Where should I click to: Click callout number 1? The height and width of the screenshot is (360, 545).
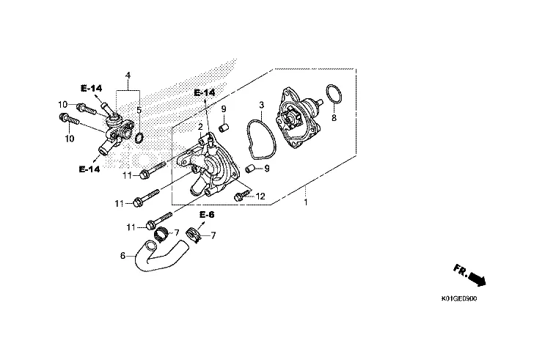point(306,202)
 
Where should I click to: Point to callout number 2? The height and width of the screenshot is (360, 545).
point(200,126)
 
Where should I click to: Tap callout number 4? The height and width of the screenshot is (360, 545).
point(128,76)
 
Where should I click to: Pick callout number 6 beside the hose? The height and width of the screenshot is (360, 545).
point(122,256)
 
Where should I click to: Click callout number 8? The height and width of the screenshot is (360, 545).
point(334,117)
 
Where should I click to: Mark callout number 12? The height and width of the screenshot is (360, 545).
point(259,196)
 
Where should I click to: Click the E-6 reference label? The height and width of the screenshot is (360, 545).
point(206,215)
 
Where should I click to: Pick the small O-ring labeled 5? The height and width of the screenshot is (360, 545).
point(141,136)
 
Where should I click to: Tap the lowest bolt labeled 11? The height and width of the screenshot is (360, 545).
point(158,221)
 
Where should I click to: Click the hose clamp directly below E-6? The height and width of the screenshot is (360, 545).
point(194,236)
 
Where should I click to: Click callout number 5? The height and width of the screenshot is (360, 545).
point(138,110)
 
